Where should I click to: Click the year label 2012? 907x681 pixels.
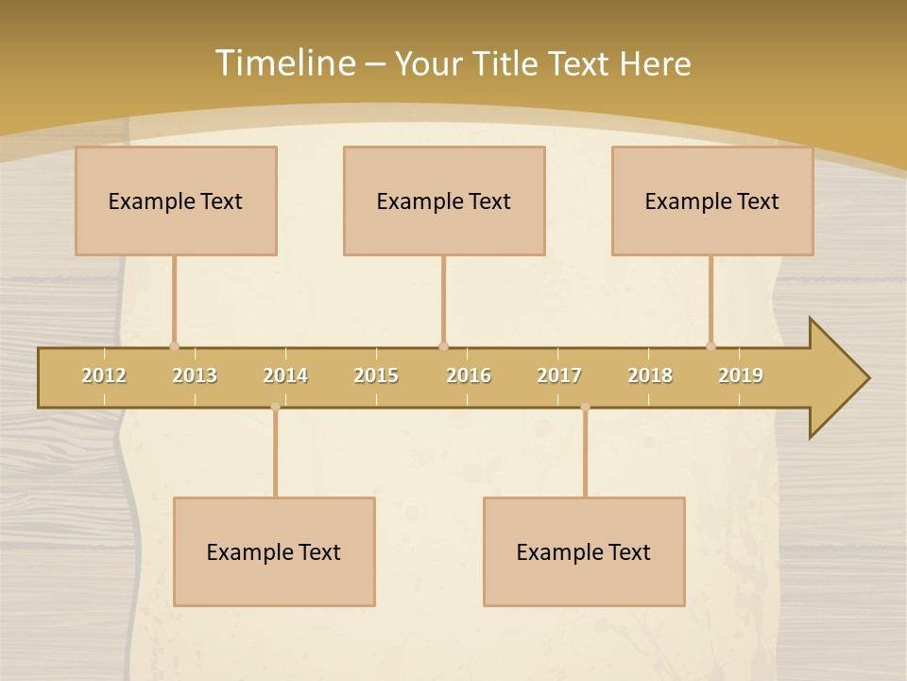104,375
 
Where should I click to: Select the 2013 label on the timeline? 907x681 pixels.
195,375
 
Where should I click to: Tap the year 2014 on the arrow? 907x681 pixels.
285,375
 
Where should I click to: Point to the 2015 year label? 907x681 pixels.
376,375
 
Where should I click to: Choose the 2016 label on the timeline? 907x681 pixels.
469,375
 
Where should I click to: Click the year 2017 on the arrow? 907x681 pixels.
559,375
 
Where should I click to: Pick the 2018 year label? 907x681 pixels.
650,375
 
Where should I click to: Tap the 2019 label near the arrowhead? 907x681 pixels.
741,375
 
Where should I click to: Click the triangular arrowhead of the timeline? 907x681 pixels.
837,378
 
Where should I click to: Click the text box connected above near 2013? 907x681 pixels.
176,201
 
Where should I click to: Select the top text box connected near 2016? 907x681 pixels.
444,201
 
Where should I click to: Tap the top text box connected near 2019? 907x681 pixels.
712,201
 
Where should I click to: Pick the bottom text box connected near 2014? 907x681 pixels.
274,551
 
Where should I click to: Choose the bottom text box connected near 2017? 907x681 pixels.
584,551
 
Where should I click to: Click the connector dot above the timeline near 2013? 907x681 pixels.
174,346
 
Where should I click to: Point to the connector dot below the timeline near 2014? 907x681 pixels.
275,407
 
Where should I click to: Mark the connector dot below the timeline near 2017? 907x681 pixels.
585,407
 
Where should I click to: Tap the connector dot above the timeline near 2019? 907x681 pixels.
710,346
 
